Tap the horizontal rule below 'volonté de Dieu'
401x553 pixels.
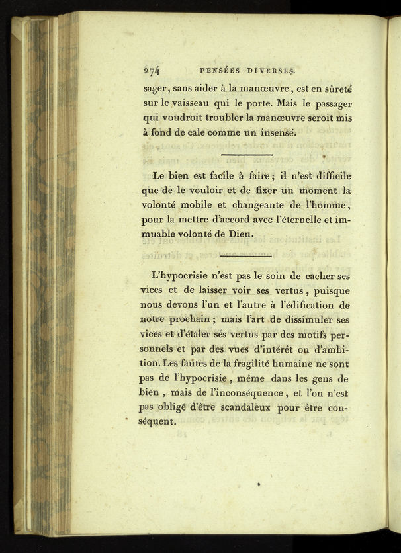point(245,254)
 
